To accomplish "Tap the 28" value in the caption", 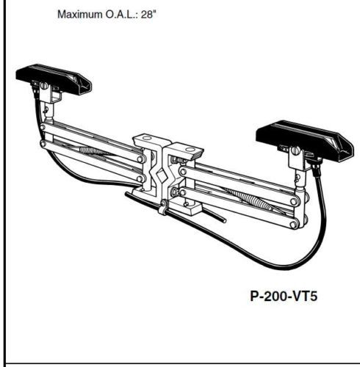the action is pos(148,14).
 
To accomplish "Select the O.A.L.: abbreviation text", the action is pos(121,15).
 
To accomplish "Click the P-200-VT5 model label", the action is pos(284,297).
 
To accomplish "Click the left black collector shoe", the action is pos(54,79).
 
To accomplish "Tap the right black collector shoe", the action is pos(304,140).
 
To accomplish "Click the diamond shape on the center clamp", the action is pos(162,175).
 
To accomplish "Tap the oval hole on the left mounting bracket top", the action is pos(147,138).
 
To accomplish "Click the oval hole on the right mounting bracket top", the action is pos(190,150).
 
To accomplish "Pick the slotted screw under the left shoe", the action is pos(44,86).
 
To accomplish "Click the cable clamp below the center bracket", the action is pos(164,207).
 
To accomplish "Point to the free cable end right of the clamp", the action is pos(224,221).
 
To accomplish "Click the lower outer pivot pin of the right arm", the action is pos(294,224).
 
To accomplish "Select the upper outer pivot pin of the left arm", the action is pos(43,127).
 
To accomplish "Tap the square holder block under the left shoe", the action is pos(51,95).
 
